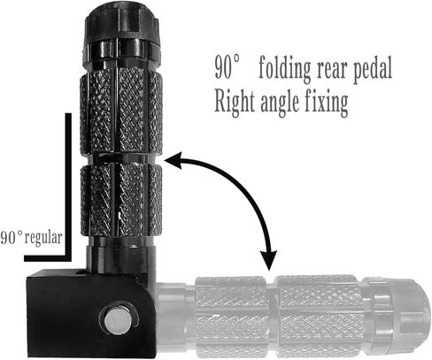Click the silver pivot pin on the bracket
click(x=119, y=319)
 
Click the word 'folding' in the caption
click(x=285, y=70)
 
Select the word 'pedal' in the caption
click(x=373, y=69)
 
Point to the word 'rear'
click(x=333, y=71)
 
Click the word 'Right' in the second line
click(x=234, y=102)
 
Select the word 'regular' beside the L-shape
click(x=43, y=238)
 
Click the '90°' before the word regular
click(x=12, y=238)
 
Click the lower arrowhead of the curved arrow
click(x=268, y=260)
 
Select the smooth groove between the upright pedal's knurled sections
click(x=121, y=159)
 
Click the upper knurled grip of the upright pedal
click(x=121, y=112)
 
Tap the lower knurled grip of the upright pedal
click(x=121, y=201)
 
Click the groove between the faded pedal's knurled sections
click(x=271, y=317)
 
